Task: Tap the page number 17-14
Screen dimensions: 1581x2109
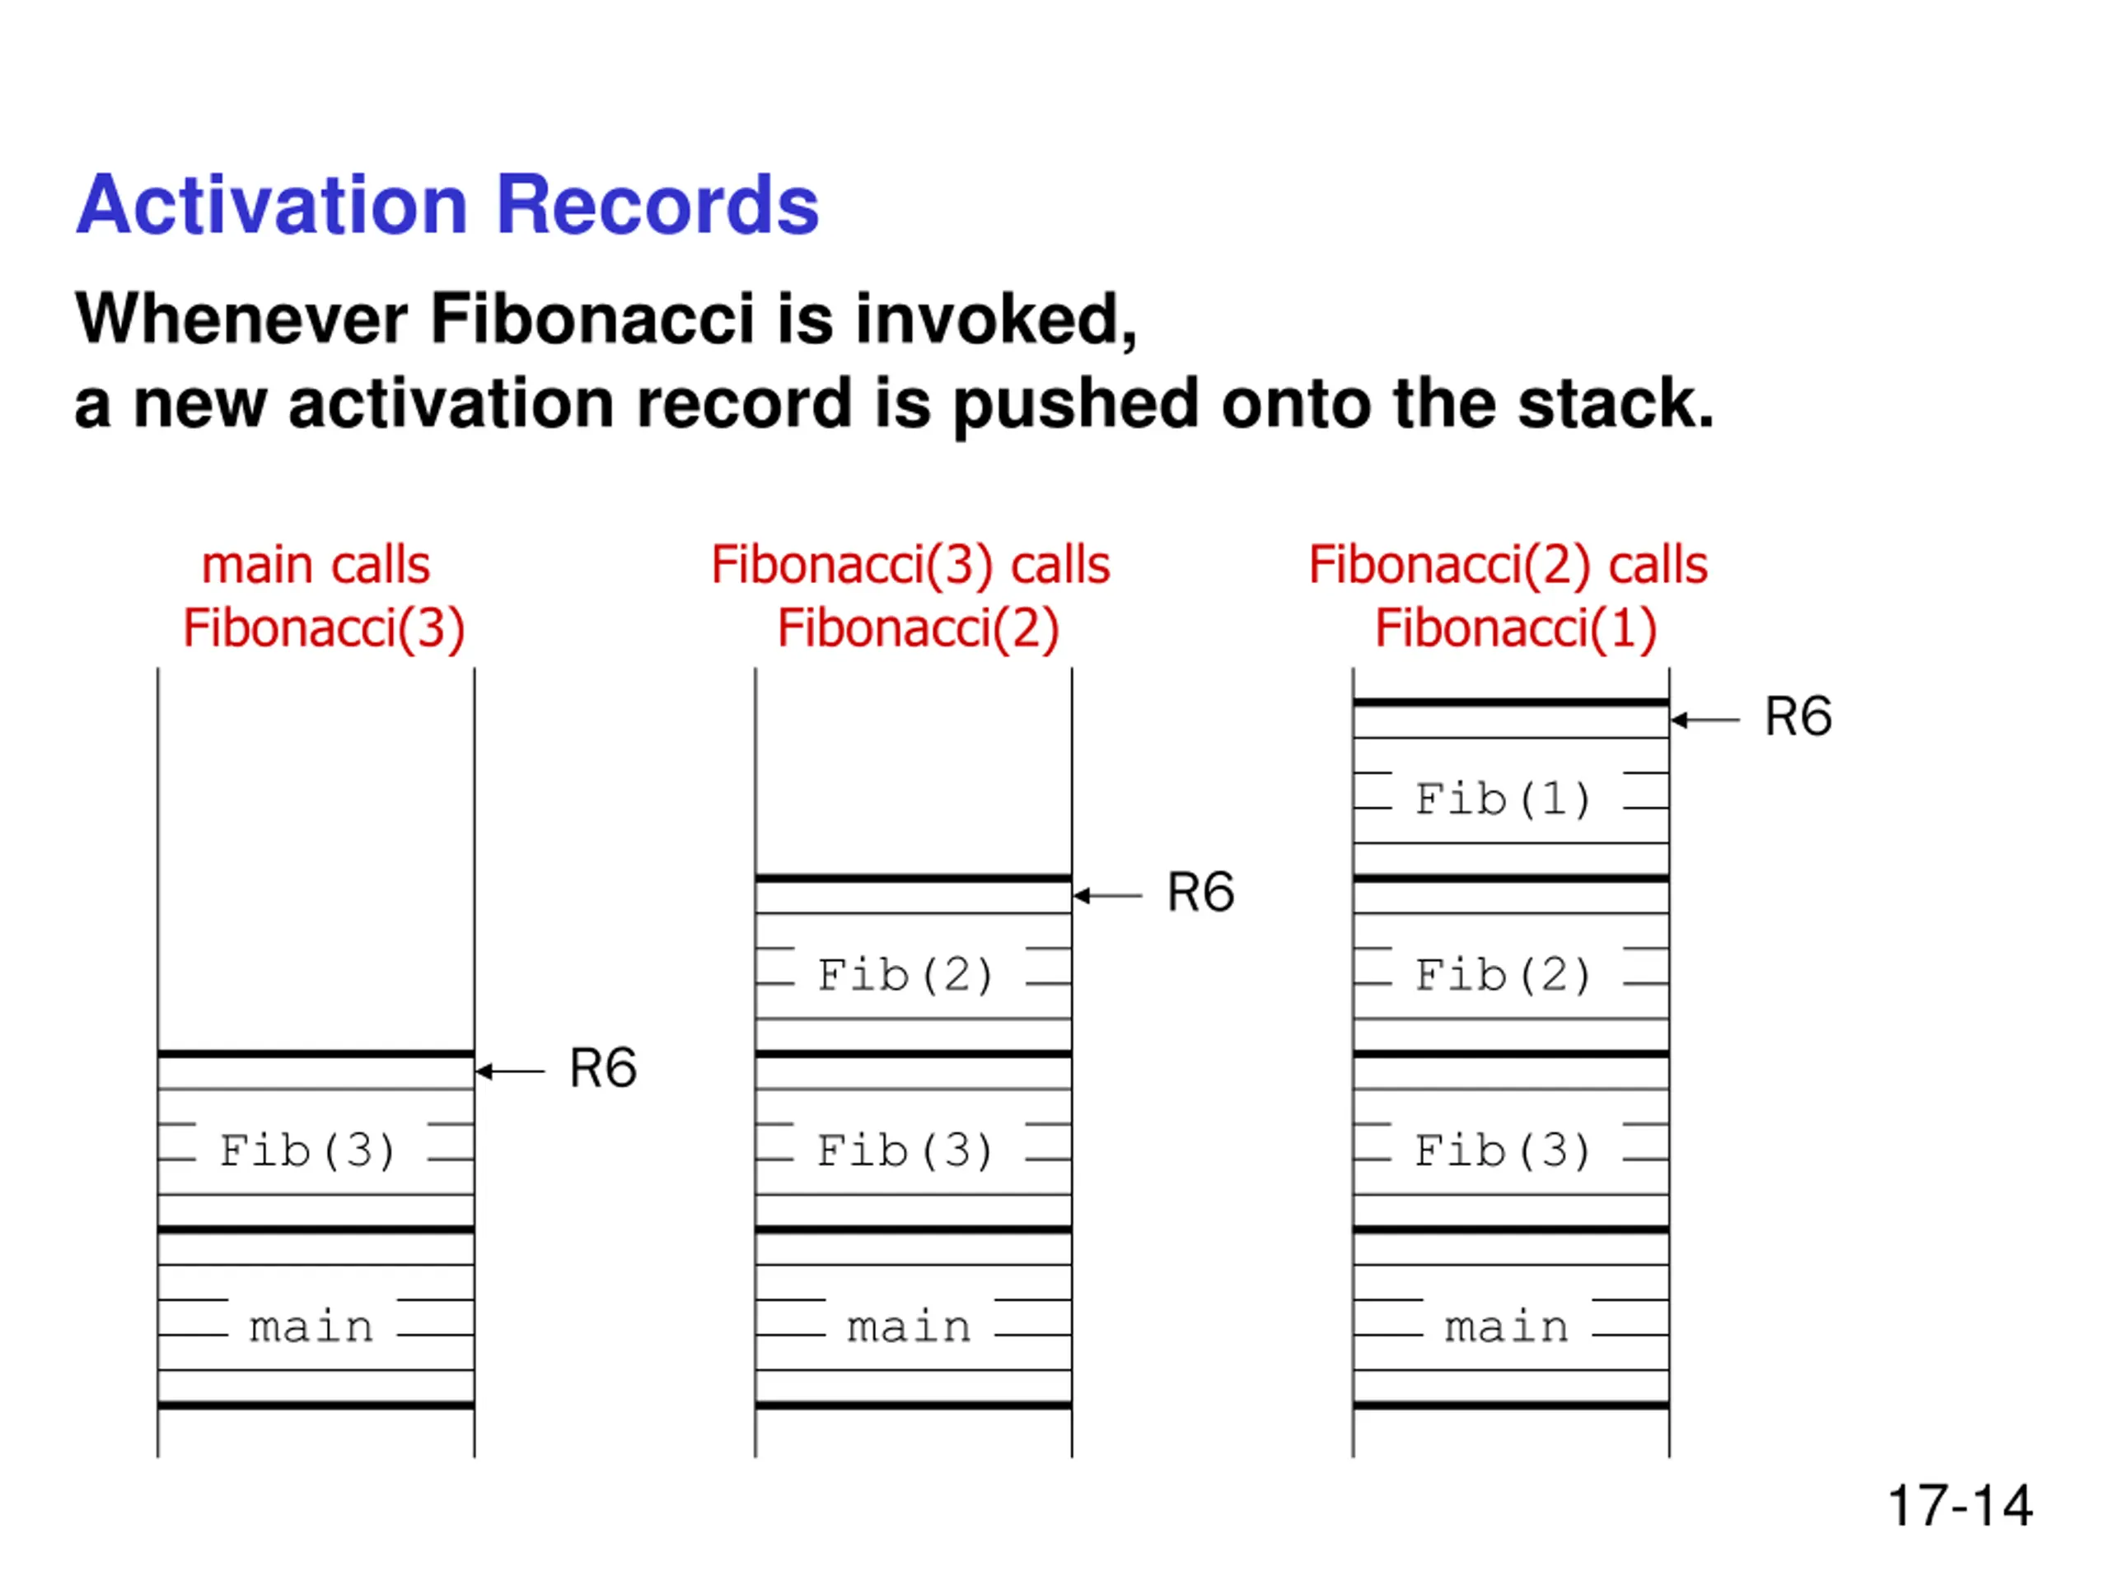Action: click(x=1959, y=1507)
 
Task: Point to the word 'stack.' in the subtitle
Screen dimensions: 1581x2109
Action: click(x=1616, y=403)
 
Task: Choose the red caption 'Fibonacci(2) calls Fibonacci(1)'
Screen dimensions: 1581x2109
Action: click(x=1509, y=595)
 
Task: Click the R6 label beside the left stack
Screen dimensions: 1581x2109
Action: click(x=602, y=1067)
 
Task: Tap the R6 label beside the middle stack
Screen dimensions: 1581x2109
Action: click(x=1200, y=893)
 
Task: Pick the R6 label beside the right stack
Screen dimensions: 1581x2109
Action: click(x=1798, y=716)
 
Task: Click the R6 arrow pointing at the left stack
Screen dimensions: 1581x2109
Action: click(x=510, y=1071)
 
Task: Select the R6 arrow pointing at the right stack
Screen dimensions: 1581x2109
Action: click(x=1705, y=721)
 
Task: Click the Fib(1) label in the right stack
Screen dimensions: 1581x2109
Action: click(x=1503, y=799)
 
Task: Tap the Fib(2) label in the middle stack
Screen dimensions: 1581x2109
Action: click(x=905, y=974)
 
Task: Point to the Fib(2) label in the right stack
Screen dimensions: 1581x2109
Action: click(x=1503, y=974)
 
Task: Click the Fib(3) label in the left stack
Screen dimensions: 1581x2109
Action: click(x=308, y=1150)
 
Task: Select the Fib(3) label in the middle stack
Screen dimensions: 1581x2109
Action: click(x=905, y=1150)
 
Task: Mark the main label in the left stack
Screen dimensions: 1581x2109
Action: click(x=311, y=1327)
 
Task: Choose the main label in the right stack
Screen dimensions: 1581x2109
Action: click(x=1507, y=1327)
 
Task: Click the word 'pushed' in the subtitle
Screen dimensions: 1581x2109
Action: click(x=1075, y=405)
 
